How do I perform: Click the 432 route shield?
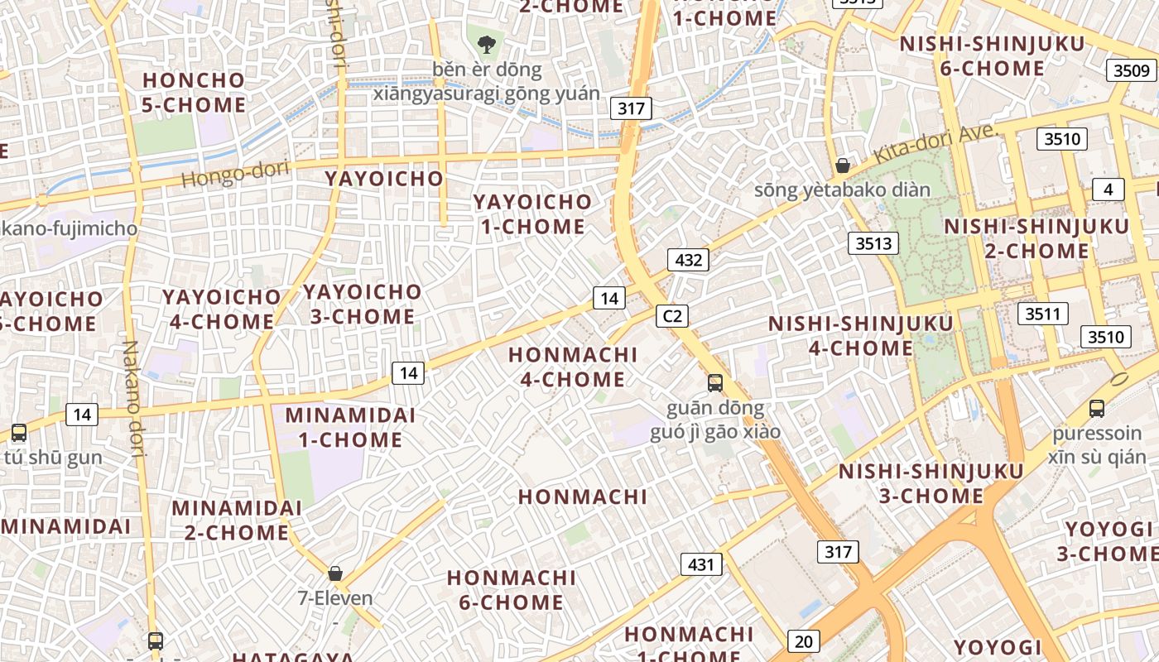(688, 260)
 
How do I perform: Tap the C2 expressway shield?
(672, 315)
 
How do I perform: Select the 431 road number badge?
(701, 564)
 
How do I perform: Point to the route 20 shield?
(803, 640)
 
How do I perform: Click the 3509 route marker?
(1131, 70)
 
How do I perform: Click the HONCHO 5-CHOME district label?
(194, 92)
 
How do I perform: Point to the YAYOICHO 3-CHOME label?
(362, 304)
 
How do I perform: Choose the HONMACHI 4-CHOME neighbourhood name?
(573, 367)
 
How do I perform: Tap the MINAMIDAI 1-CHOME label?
(350, 427)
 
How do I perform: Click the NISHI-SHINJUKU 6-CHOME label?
(992, 55)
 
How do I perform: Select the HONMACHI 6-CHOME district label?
(511, 589)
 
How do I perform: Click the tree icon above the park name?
(486, 44)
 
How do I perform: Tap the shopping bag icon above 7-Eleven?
(335, 573)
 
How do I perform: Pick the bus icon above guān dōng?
(714, 383)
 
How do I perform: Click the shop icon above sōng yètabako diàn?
(842, 165)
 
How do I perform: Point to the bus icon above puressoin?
(1097, 408)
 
